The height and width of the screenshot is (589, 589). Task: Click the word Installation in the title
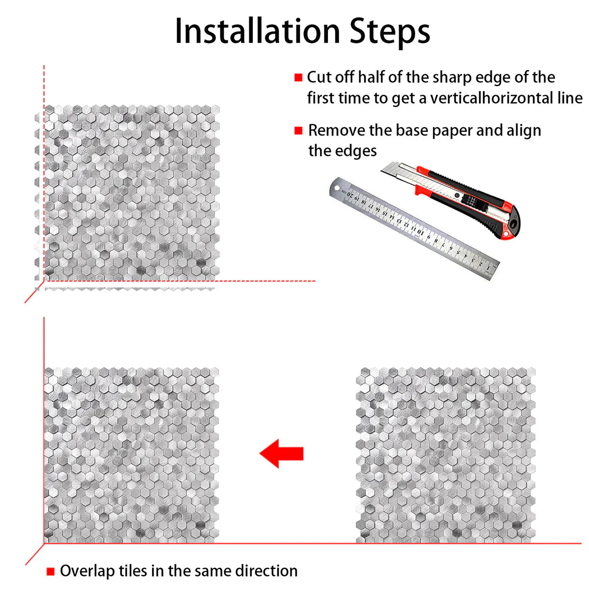(258, 31)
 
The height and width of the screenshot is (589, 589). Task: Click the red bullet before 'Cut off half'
(298, 78)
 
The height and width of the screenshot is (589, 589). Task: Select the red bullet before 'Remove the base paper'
(298, 131)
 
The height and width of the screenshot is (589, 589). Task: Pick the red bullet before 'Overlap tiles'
(50, 571)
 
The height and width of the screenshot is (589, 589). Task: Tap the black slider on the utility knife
(471, 201)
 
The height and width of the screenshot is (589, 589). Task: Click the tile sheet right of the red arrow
(446, 455)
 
